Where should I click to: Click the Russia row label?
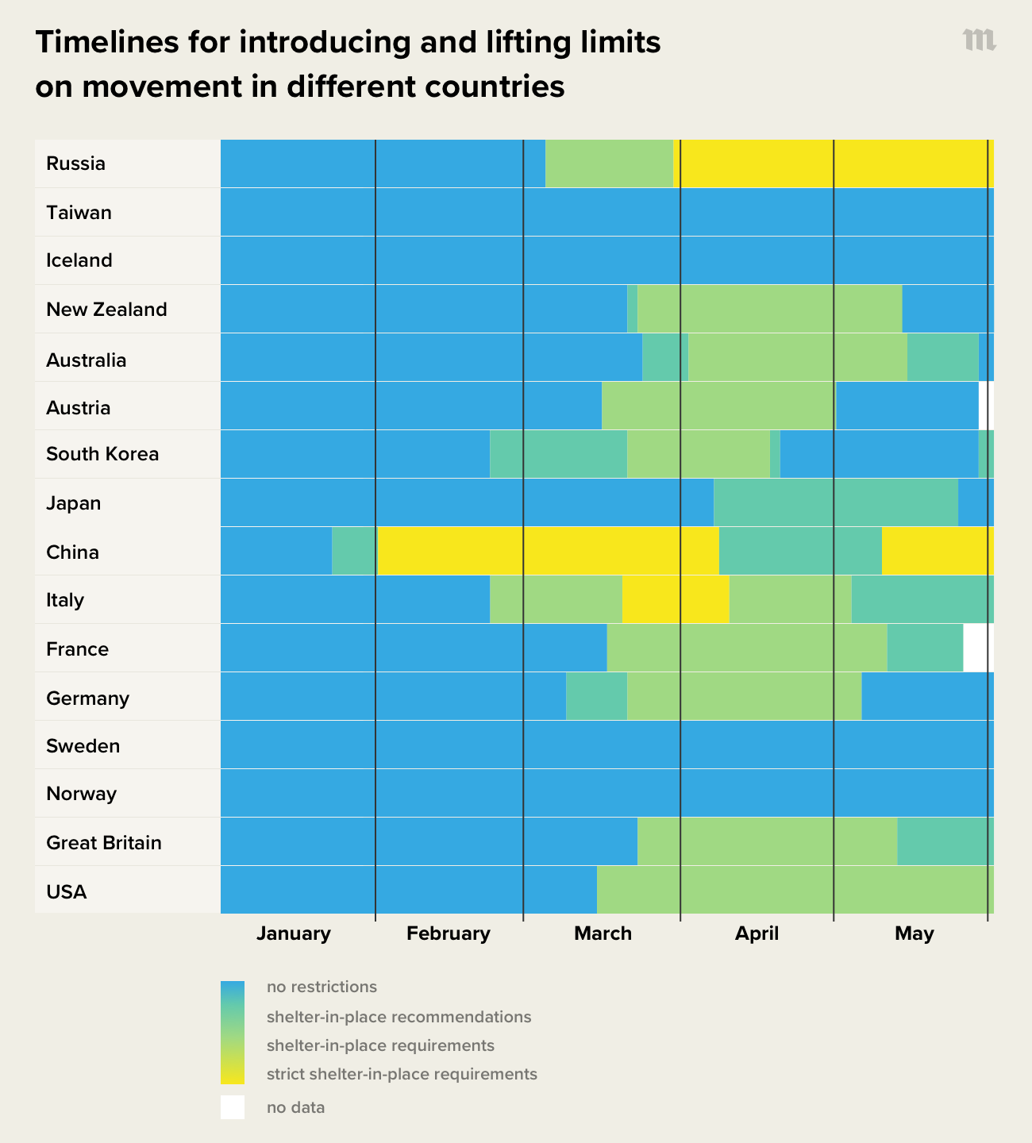(x=75, y=164)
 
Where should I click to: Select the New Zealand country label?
(x=106, y=309)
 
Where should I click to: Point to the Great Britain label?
(x=104, y=842)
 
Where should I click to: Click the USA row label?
(x=66, y=891)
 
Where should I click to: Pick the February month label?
(x=448, y=933)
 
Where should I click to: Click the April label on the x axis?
(x=757, y=933)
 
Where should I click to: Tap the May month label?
(x=914, y=933)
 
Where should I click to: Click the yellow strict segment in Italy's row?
(x=676, y=599)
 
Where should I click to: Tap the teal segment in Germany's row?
(x=596, y=696)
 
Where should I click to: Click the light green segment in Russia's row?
(x=609, y=164)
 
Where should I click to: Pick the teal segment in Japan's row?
(x=835, y=502)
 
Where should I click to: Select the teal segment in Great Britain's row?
(x=945, y=841)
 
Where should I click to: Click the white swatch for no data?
(x=233, y=1107)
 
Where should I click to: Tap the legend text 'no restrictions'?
(x=322, y=987)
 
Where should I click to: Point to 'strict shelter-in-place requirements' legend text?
(x=402, y=1074)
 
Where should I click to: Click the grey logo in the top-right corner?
(x=979, y=40)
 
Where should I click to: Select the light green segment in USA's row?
(x=794, y=890)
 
